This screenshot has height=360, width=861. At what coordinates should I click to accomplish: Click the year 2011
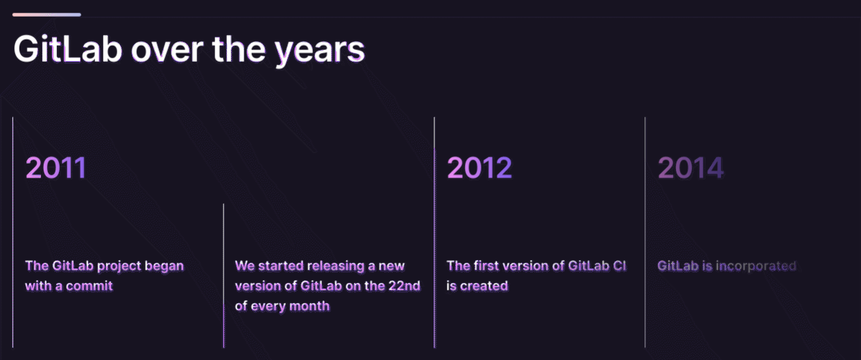point(56,168)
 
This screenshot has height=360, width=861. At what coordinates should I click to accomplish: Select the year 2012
point(479,168)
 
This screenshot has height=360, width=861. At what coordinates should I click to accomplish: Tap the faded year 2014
point(691,168)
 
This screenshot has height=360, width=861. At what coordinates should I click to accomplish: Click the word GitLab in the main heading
point(68,49)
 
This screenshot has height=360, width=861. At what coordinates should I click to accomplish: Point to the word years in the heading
point(320,52)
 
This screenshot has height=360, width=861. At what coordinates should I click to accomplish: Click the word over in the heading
point(167,52)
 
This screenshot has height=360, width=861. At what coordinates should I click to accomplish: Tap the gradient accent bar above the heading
point(46,15)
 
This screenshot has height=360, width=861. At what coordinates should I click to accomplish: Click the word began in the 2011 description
point(164,266)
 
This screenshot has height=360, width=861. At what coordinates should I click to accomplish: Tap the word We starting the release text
point(244,266)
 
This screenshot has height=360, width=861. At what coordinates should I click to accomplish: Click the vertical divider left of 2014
point(645,232)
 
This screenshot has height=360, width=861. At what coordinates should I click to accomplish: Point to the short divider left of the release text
point(223,276)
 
